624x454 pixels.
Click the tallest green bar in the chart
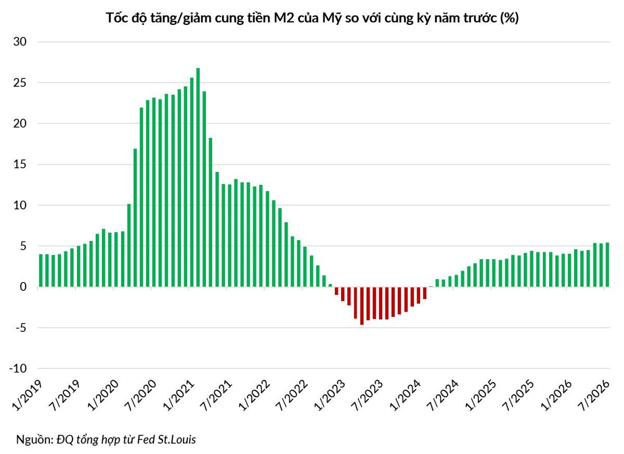[198, 177]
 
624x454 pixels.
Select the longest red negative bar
[362, 305]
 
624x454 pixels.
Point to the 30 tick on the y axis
[20, 42]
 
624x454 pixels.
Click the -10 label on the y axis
[18, 368]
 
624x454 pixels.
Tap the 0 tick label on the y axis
[23, 287]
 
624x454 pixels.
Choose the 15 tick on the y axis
[20, 164]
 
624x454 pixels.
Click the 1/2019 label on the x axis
[27, 395]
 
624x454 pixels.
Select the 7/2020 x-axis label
[141, 395]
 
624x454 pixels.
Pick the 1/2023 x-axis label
[330, 395]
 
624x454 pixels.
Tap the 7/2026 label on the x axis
[594, 395]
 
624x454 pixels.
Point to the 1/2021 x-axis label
[178, 395]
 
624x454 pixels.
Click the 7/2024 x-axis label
[443, 395]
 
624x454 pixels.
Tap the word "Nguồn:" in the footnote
[34, 439]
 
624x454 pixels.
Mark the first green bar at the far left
[41, 271]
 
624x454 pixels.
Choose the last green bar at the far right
[607, 265]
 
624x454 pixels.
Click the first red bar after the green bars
[336, 291]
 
